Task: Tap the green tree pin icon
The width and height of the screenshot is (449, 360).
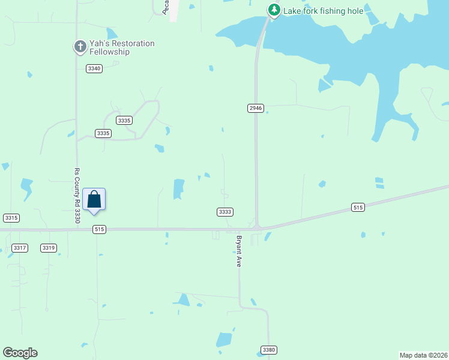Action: tap(274, 10)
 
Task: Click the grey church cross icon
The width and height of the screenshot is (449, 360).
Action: tap(80, 46)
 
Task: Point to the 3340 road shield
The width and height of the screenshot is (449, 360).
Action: tap(94, 68)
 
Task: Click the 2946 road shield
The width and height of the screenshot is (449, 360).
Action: tap(255, 108)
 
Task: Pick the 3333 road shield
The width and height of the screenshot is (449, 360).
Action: tap(224, 212)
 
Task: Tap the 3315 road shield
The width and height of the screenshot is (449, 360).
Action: tap(11, 217)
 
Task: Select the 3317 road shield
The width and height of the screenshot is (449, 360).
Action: tap(20, 248)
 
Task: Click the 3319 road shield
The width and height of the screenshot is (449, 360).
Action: tap(49, 248)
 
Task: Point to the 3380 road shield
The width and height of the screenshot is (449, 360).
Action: tap(268, 350)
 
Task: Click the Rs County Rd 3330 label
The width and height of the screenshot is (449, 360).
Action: tap(77, 196)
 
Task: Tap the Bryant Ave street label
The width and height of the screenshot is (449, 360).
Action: tap(238, 251)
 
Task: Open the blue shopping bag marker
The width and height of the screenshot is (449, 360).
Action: tap(94, 199)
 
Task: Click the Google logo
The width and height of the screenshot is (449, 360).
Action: tap(20, 353)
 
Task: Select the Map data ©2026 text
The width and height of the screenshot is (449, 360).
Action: tap(424, 355)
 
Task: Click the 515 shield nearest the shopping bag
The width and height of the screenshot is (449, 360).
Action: tap(100, 229)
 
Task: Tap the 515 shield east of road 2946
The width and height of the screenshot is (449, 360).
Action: tap(358, 208)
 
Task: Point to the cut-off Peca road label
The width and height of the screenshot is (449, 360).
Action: tap(165, 7)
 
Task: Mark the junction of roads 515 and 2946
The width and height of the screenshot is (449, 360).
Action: tap(257, 228)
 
